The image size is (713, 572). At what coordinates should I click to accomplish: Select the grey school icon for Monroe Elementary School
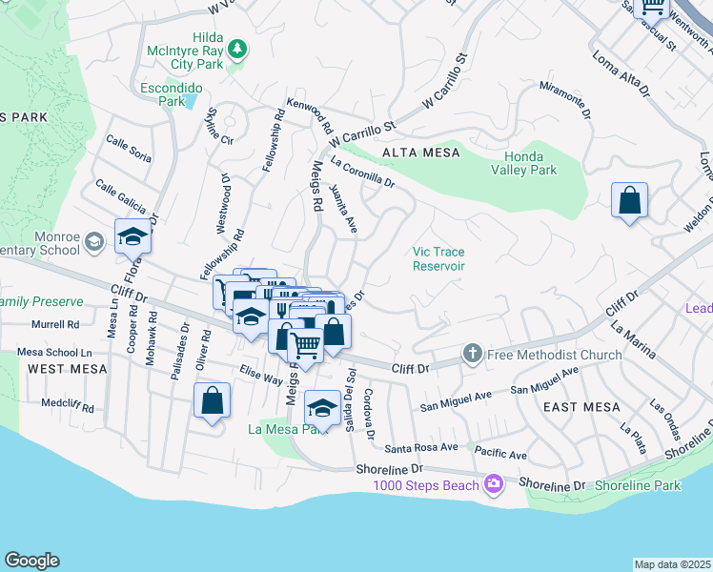point(93,243)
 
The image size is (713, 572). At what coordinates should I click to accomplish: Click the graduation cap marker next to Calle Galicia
point(133,237)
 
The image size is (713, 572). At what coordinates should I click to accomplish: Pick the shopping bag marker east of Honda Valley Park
point(629,201)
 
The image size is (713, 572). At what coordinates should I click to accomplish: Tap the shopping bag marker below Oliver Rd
point(212,400)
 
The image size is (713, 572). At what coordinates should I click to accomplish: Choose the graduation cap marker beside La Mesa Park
point(323,409)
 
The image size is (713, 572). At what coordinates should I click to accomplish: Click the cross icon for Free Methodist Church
point(472,355)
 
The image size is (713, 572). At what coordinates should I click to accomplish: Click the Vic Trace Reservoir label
point(438,259)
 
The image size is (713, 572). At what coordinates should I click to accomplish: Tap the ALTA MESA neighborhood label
point(420,153)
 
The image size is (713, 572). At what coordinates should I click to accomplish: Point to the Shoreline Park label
point(637,485)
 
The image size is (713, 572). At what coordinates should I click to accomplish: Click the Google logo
point(31,561)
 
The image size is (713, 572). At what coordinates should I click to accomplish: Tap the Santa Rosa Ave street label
point(421,447)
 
